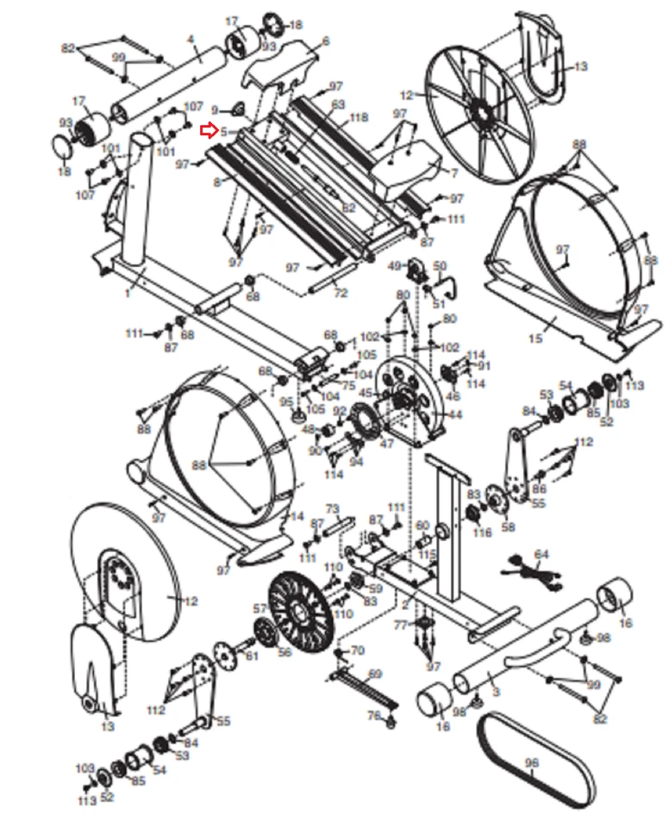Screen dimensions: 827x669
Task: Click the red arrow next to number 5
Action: pos(208,132)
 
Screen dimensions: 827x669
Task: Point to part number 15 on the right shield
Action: pos(535,339)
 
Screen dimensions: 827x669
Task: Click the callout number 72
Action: pos(341,294)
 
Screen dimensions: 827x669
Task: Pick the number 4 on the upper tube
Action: pos(191,40)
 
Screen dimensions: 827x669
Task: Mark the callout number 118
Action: pos(359,117)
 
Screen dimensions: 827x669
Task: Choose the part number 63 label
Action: pos(338,103)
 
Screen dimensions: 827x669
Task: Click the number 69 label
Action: pos(374,673)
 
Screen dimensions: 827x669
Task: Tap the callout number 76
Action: pos(373,716)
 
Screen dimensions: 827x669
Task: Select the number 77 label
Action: pos(400,625)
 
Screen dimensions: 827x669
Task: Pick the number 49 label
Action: pos(395,265)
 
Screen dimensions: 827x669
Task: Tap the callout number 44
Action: pos(454,415)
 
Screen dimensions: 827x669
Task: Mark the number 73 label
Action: pos(333,509)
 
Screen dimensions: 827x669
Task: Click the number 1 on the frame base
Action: pos(127,294)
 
